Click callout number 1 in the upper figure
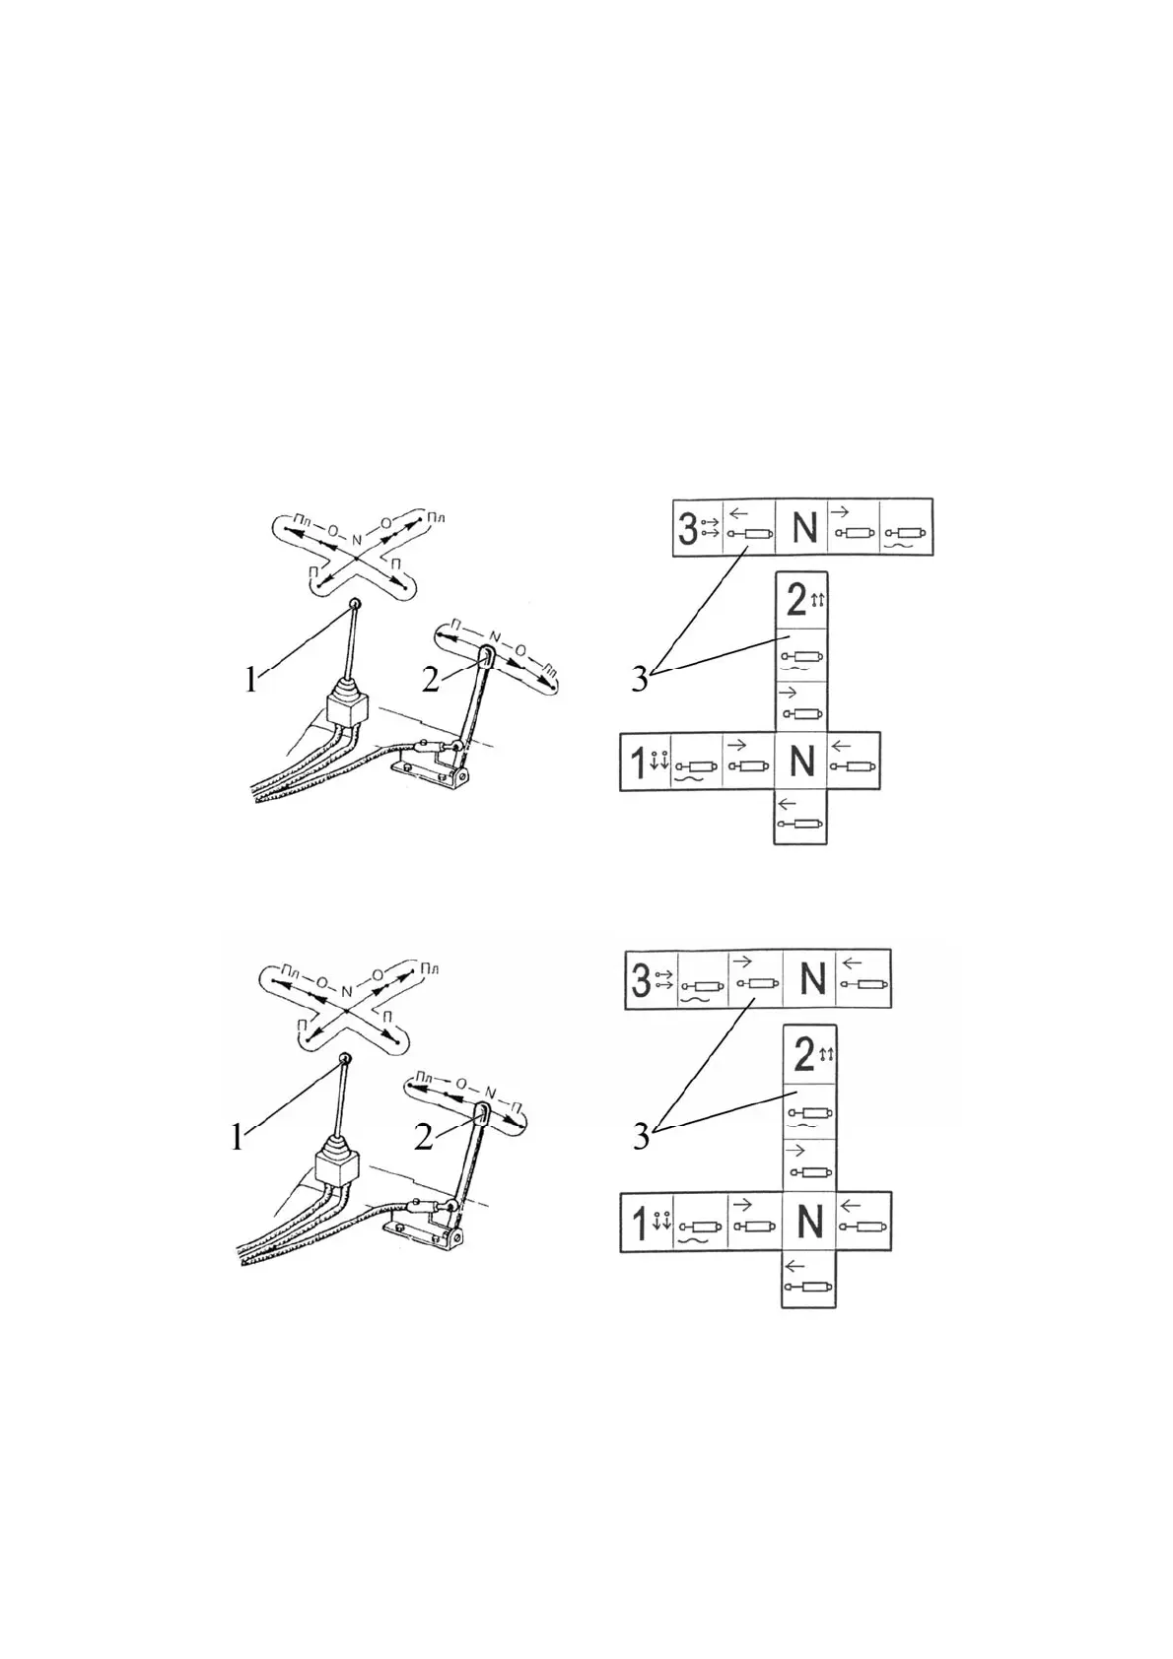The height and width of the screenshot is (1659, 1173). (x=251, y=679)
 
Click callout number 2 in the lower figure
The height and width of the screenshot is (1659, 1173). (x=425, y=1137)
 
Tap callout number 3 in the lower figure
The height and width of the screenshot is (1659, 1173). (x=641, y=1137)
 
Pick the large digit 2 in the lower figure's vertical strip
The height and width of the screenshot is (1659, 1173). (x=803, y=1056)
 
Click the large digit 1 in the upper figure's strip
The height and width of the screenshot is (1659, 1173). (x=638, y=762)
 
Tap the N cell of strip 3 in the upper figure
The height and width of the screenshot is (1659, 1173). (x=804, y=528)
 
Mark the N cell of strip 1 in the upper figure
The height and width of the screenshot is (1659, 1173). (x=801, y=762)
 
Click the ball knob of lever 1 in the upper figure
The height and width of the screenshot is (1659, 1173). (x=355, y=604)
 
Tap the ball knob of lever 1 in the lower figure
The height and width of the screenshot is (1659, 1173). (x=344, y=1058)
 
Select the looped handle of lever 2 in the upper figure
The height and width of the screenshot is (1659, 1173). (x=486, y=655)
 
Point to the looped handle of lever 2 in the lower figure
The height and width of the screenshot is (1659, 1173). (x=481, y=1113)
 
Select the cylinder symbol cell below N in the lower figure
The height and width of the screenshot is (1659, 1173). (x=808, y=1279)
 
